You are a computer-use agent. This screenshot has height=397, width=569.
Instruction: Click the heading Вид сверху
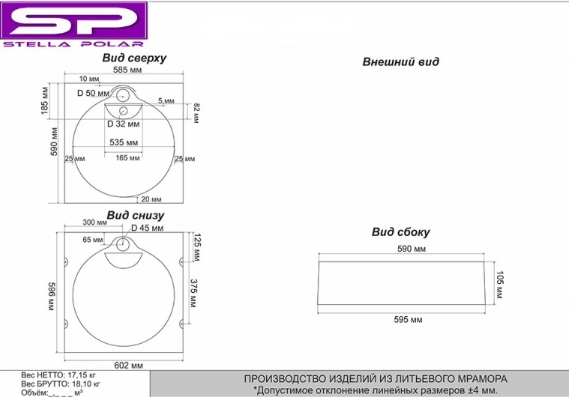click(135, 58)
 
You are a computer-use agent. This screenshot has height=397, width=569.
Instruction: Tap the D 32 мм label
click(121, 124)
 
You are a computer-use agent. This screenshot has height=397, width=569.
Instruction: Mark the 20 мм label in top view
click(151, 199)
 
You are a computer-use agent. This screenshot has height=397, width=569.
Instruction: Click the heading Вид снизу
click(135, 216)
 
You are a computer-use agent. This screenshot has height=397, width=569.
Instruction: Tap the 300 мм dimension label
click(94, 223)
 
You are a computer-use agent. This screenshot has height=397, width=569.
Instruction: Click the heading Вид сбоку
click(400, 232)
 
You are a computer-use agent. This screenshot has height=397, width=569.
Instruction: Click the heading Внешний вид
click(400, 62)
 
